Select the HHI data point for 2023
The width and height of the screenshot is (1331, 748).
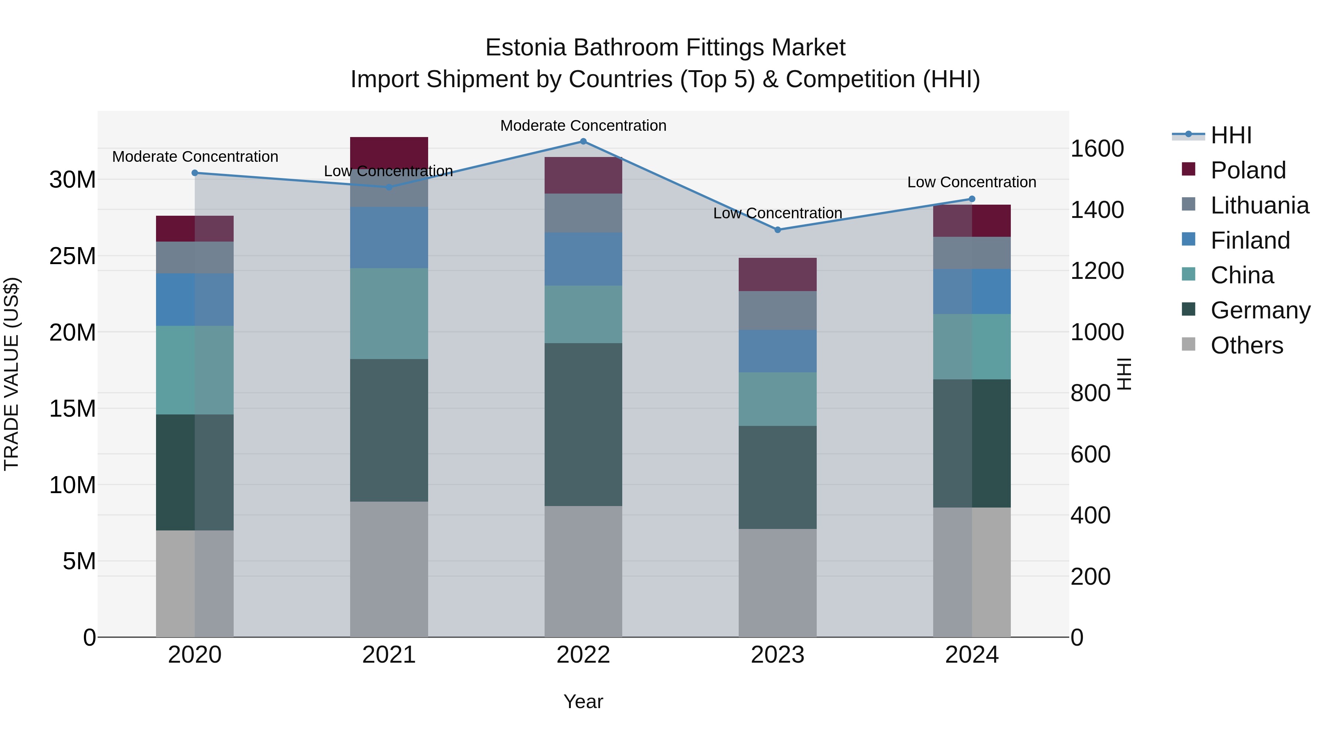(x=778, y=230)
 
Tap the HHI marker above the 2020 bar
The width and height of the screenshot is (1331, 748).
(x=195, y=173)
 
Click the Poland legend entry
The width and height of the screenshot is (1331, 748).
(x=1247, y=170)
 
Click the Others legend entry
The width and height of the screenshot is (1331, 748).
(x=1246, y=345)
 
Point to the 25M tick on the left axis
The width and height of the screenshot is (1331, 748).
(x=72, y=256)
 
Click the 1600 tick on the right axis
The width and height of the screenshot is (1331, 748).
(x=1097, y=148)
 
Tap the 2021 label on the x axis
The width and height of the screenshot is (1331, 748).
(x=389, y=655)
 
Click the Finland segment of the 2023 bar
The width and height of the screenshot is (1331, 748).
(x=778, y=351)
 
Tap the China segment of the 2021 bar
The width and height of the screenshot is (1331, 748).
(x=389, y=313)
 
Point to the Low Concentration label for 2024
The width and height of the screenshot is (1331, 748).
(x=971, y=182)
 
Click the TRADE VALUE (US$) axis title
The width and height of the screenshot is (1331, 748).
(x=11, y=374)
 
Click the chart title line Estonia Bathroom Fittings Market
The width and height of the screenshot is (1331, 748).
(x=665, y=48)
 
